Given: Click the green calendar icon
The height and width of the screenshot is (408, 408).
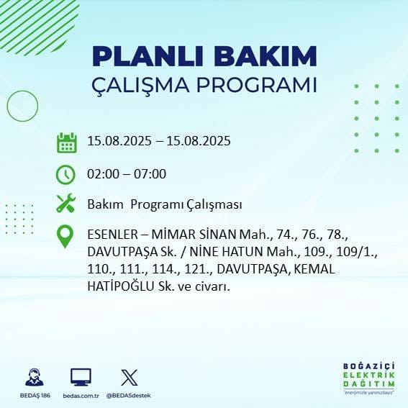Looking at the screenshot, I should click(x=66, y=142).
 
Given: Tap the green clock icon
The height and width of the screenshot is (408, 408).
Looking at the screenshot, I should click(x=66, y=174).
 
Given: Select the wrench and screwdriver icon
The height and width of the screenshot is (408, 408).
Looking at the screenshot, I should click(x=66, y=204).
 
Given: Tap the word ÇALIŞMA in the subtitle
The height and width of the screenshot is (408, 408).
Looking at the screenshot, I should click(x=146, y=85).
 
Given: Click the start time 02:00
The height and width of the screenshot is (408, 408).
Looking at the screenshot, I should click(x=102, y=174).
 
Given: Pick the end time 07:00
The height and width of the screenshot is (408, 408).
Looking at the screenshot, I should click(x=150, y=174).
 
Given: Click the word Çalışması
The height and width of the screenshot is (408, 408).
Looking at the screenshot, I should click(x=206, y=205).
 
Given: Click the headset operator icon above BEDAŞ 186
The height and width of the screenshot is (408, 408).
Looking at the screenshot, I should click(x=33, y=377).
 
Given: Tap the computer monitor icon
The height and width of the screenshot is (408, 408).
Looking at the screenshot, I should click(x=81, y=377).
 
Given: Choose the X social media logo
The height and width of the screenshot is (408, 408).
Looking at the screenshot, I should click(x=130, y=377).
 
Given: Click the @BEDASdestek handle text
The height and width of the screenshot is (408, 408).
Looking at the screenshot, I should click(x=130, y=396).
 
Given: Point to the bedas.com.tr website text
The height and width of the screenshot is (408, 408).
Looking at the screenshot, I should click(x=81, y=396).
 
